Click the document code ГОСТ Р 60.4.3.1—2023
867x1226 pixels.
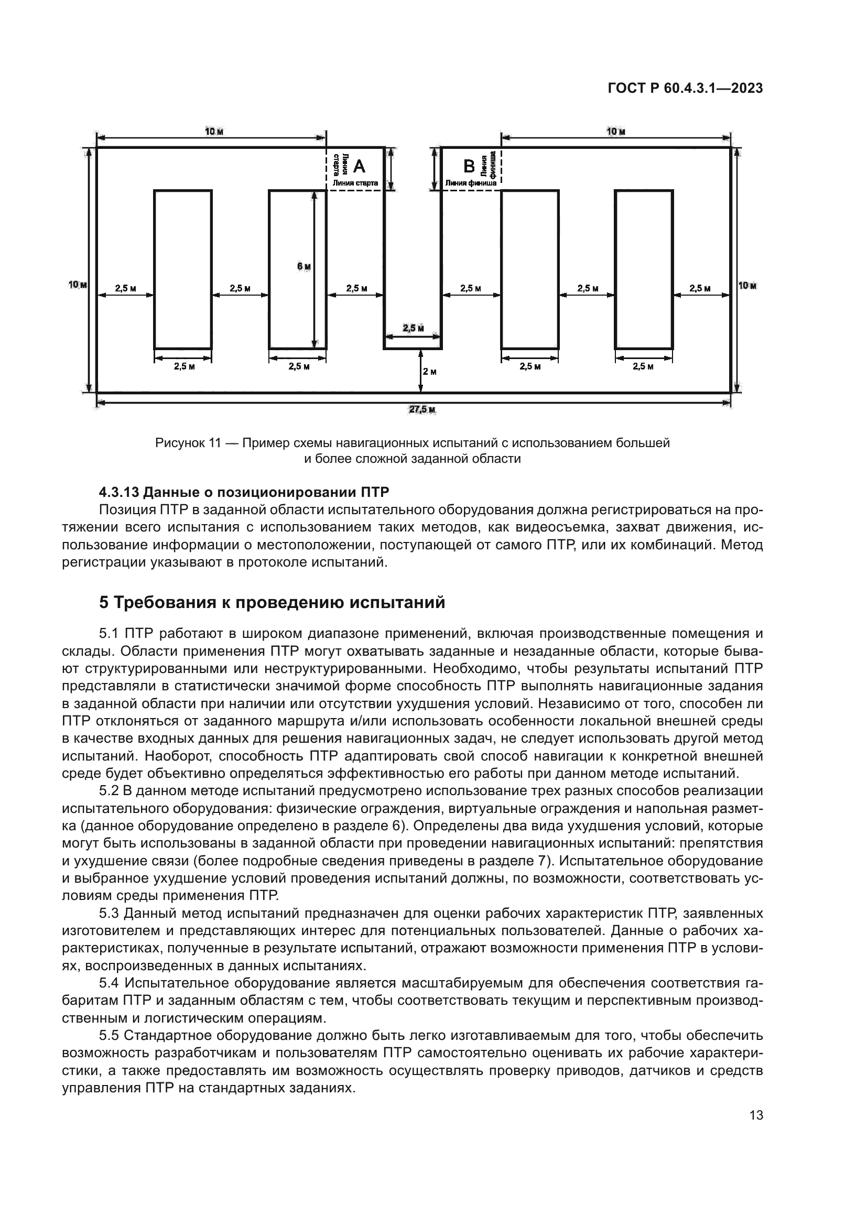coord(685,89)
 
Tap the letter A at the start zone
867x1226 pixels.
coord(359,167)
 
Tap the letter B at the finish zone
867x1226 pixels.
coord(469,167)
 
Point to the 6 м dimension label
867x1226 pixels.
coord(304,266)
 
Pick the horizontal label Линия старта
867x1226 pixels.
coord(355,183)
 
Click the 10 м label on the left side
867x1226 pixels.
coord(78,285)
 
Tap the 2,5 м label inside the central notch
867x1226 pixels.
coord(413,328)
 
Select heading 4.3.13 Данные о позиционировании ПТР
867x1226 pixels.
coord(244,492)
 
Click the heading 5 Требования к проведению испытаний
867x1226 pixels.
coord(272,602)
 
